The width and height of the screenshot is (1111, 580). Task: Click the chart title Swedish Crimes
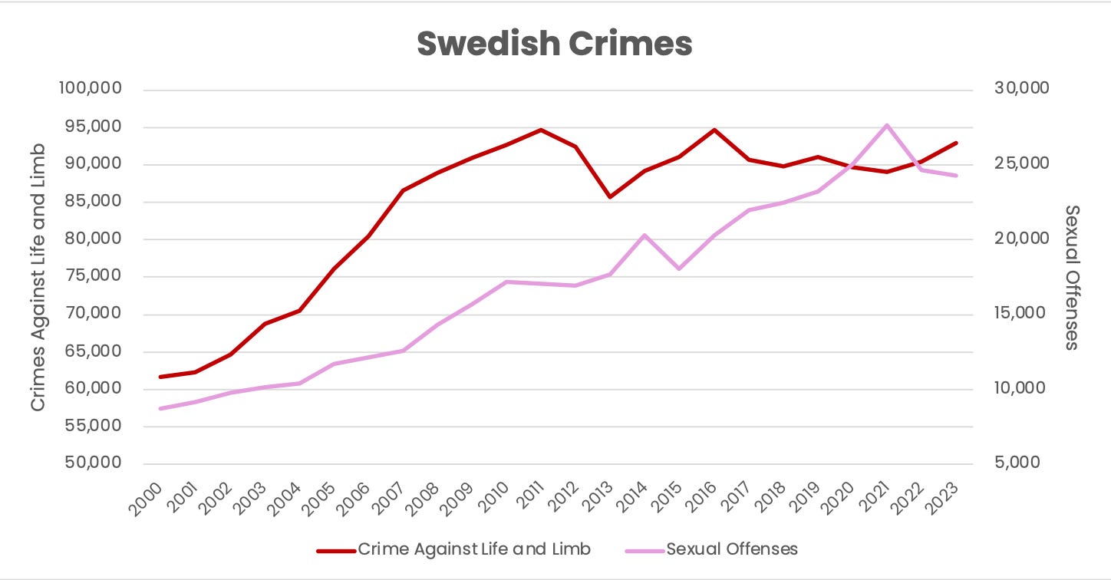click(555, 44)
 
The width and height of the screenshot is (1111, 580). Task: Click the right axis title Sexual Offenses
click(1072, 277)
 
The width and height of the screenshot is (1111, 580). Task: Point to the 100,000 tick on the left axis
click(89, 89)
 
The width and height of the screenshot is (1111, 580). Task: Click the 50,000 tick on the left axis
click(91, 463)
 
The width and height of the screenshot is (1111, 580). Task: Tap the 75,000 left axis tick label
click(91, 276)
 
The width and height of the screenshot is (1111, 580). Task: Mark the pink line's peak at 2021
click(886, 125)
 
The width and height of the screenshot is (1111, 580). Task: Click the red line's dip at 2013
click(610, 197)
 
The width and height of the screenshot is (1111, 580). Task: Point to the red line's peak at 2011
click(540, 130)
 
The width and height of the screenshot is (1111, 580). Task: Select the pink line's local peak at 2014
click(645, 235)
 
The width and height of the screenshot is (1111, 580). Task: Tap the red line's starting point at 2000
click(160, 377)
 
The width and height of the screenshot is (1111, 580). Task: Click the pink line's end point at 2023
click(956, 176)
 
